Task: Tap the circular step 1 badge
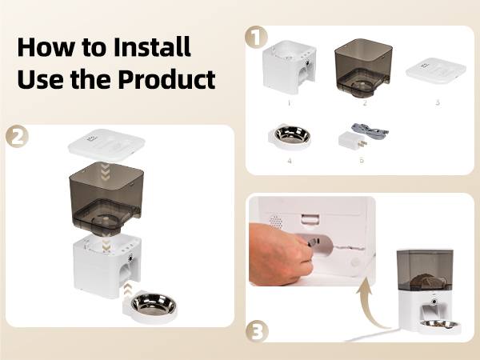254,37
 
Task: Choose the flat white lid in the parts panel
437,69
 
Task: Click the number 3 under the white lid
437,102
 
